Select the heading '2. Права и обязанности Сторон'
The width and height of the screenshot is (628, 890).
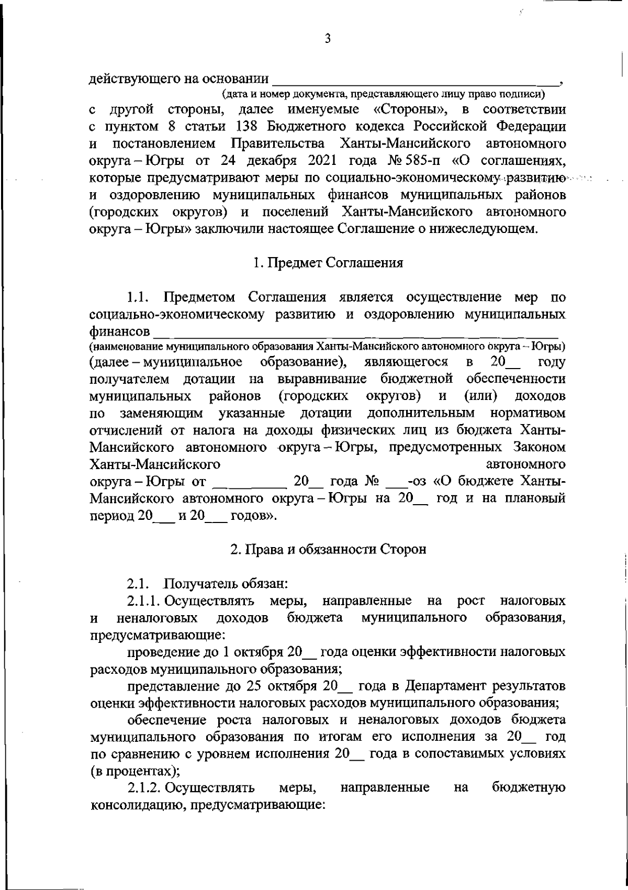pyautogui.click(x=328, y=549)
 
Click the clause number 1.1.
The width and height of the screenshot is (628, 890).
pyautogui.click(x=139, y=298)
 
